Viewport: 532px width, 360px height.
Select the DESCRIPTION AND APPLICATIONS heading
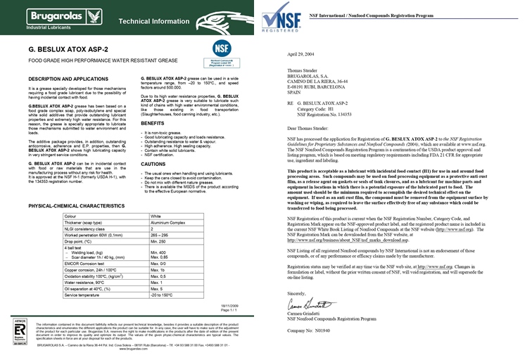click(73, 78)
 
